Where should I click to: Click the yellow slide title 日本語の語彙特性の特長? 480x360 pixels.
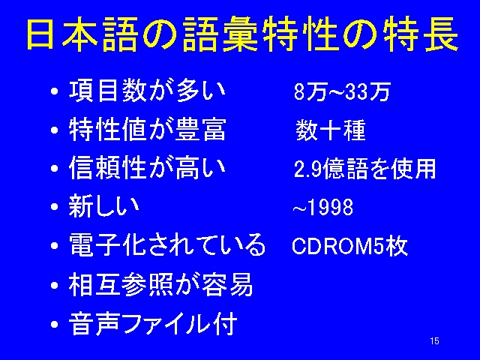point(241,34)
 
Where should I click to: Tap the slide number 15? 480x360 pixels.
point(434,341)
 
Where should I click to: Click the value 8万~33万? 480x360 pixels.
point(342,91)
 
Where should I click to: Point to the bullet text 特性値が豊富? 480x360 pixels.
point(148,129)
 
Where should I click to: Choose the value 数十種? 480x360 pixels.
point(331,130)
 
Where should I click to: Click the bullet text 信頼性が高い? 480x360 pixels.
point(147,168)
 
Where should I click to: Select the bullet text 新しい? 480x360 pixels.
point(103,206)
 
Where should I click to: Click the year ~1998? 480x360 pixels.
point(323,207)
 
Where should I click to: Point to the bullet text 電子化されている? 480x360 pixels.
point(166,244)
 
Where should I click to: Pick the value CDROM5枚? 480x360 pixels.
point(350,245)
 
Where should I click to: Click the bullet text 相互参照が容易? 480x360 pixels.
point(160,284)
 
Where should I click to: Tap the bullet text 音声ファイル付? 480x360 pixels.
point(153,323)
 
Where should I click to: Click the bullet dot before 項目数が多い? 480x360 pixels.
point(55,91)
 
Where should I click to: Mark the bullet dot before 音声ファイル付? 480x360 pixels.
point(55,324)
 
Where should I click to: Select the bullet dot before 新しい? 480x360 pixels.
point(55,207)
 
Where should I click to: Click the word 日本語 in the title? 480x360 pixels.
point(82,34)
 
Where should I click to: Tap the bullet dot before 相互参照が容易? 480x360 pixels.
point(55,285)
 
